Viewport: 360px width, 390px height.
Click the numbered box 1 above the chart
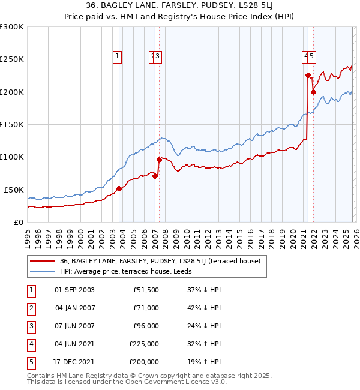click(117, 56)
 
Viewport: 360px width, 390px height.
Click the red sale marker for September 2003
click(119, 188)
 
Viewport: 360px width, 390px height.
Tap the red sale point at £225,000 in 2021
click(308, 76)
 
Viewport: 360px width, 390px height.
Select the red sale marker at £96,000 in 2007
click(159, 160)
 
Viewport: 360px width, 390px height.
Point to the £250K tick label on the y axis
click(12, 59)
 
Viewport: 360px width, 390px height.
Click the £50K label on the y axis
click(14, 189)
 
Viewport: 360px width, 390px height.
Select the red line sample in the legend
click(43, 261)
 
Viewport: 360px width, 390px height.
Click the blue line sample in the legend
click(43, 271)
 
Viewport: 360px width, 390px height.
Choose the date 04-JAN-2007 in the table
click(74, 308)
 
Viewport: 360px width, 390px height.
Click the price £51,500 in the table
click(146, 290)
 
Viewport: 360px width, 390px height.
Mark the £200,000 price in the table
click(144, 362)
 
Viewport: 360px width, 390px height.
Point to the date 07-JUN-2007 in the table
click(74, 326)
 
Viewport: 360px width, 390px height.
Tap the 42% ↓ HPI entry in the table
click(204, 308)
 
